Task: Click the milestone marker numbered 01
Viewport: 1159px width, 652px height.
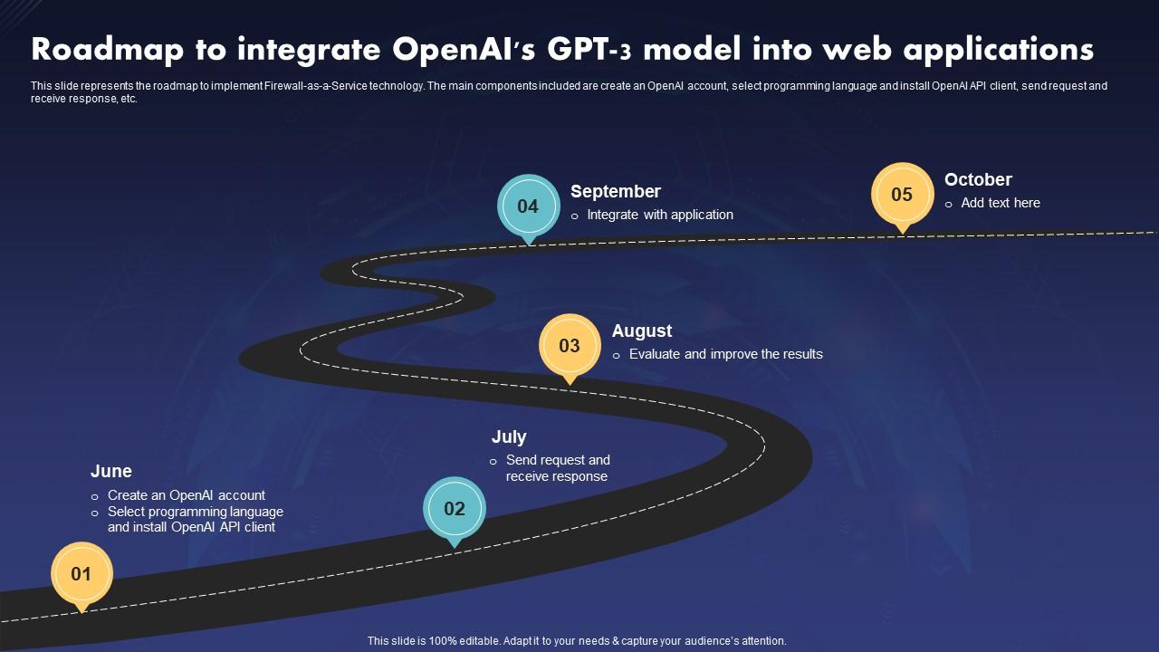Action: coord(81,573)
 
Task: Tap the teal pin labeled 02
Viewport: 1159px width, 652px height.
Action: coord(455,508)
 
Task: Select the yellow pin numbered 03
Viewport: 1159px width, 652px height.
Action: coord(570,345)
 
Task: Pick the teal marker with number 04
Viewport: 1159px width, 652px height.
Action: coord(528,206)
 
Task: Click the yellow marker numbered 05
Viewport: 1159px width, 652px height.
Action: coord(902,194)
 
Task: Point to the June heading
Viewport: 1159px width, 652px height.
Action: coord(111,471)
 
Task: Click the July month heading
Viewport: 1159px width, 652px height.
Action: coord(509,436)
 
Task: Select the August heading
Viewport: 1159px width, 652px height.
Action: coord(642,331)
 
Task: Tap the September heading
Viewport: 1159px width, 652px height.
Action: coord(616,191)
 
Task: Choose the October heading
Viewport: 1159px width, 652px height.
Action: coord(978,179)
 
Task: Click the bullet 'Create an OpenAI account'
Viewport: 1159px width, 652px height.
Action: coord(186,495)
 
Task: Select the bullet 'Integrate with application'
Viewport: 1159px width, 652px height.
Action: coord(660,215)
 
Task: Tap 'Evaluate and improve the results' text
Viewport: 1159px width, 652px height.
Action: coord(725,354)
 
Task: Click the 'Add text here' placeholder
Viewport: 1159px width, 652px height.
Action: coord(1001,203)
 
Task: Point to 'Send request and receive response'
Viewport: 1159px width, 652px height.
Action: coord(557,468)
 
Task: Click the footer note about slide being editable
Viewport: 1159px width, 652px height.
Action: coord(577,640)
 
